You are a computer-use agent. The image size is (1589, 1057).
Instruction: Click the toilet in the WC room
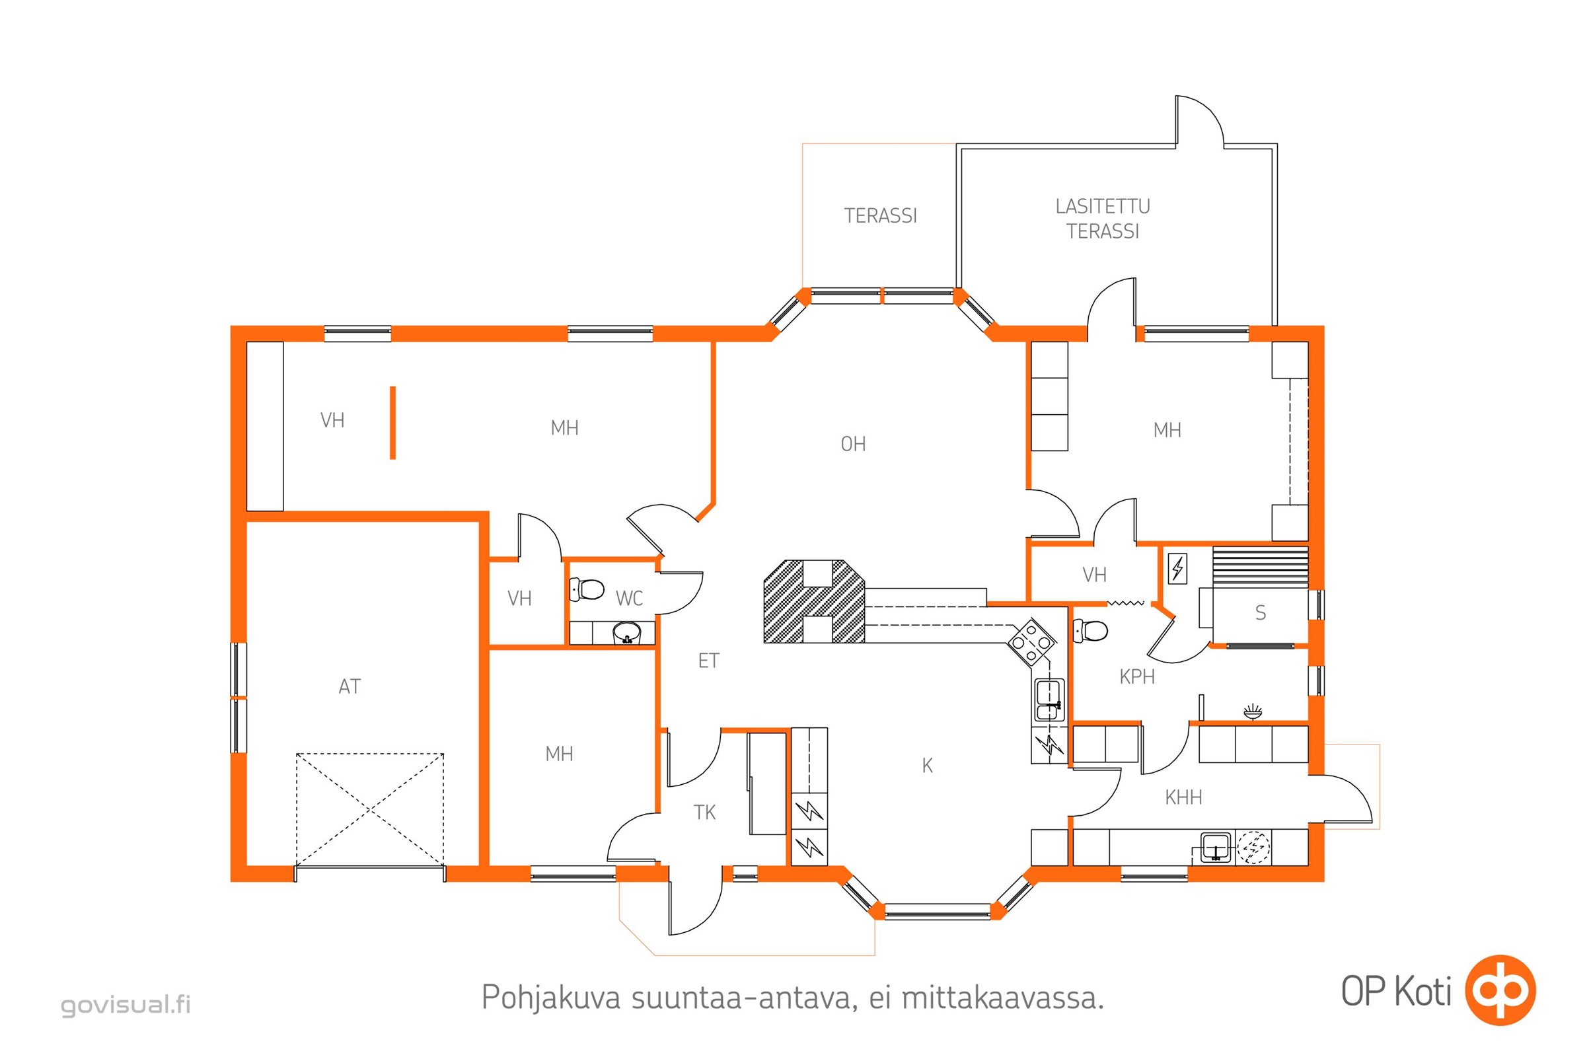tap(586, 589)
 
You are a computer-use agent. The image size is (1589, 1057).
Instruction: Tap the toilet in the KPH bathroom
tap(1090, 631)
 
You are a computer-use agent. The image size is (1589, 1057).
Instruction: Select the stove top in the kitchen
tap(1031, 642)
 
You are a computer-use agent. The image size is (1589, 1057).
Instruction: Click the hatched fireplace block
tap(814, 601)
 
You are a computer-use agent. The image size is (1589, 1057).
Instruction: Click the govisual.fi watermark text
tap(126, 1004)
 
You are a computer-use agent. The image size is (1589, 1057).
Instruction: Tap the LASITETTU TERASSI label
tap(1103, 219)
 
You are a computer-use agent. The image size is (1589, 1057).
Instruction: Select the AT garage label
tap(350, 686)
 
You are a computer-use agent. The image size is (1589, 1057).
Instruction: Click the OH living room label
tap(853, 443)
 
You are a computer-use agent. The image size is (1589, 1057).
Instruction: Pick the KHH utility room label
tap(1183, 797)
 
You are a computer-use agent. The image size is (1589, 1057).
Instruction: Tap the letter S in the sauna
tap(1260, 612)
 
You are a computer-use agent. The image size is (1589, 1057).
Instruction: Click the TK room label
tap(704, 813)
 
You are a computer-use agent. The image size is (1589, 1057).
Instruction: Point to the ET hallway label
tap(708, 661)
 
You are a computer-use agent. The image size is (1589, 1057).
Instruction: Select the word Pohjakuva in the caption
tap(550, 998)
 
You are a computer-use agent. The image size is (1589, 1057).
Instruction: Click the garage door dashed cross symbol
tap(369, 810)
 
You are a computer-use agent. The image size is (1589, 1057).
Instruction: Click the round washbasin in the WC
tap(626, 633)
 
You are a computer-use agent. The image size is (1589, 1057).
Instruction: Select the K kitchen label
tap(927, 765)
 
